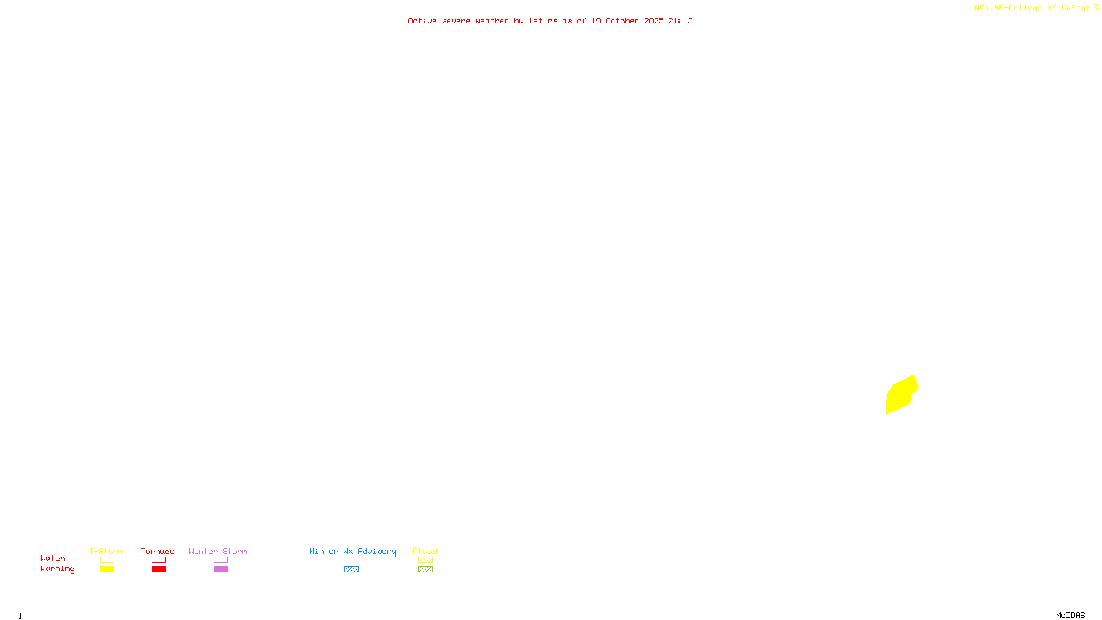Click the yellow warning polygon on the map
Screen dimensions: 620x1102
pyautogui.click(x=900, y=395)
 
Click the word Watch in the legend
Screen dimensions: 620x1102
pyautogui.click(x=53, y=558)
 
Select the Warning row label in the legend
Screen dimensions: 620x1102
pyautogui.click(x=58, y=569)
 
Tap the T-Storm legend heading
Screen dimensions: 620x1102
pyautogui.click(x=106, y=551)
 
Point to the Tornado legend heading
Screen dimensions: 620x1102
pyautogui.click(x=158, y=551)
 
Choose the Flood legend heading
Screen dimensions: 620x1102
pyautogui.click(x=425, y=551)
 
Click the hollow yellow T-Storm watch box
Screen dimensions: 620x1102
pyautogui.click(x=107, y=560)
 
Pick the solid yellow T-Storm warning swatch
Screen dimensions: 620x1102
pyautogui.click(x=107, y=570)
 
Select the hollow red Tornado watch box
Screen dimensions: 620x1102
pyautogui.click(x=159, y=560)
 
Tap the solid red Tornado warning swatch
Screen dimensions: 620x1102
pyautogui.click(x=159, y=570)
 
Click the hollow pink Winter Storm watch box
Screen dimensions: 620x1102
pyautogui.click(x=220, y=560)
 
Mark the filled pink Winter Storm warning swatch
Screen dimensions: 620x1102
pyautogui.click(x=220, y=570)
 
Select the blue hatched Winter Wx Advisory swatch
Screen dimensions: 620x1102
pyautogui.click(x=351, y=570)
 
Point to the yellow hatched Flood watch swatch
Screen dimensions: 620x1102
pyautogui.click(x=425, y=560)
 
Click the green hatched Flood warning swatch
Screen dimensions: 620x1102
pyautogui.click(x=425, y=570)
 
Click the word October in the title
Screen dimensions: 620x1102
pyautogui.click(x=622, y=21)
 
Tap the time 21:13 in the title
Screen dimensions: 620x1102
pyautogui.click(x=680, y=21)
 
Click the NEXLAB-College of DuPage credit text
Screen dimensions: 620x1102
pyautogui.click(x=1032, y=8)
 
